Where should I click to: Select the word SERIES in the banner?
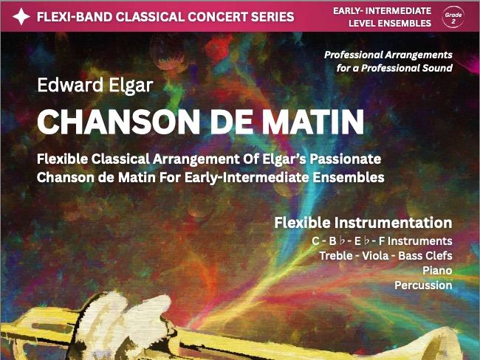click(x=273, y=17)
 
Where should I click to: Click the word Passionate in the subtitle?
click(x=346, y=159)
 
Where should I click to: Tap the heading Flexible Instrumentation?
click(x=363, y=222)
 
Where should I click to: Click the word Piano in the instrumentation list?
click(x=437, y=271)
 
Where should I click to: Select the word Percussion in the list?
click(x=423, y=285)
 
